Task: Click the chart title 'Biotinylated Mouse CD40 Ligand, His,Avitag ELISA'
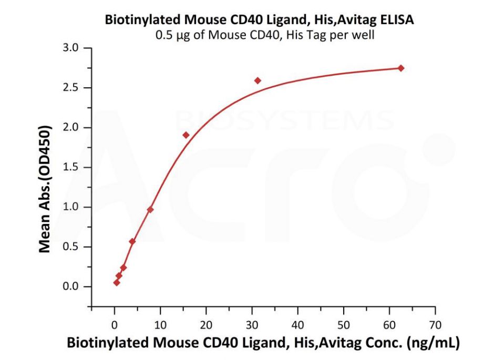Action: pyautogui.click(x=260, y=20)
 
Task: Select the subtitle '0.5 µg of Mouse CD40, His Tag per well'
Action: pyautogui.click(x=260, y=36)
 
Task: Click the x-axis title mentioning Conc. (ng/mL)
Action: pyautogui.click(x=263, y=344)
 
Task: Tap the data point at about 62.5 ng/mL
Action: pyautogui.click(x=401, y=68)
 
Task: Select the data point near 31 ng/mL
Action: pyautogui.click(x=258, y=80)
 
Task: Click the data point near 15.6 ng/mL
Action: pyautogui.click(x=186, y=135)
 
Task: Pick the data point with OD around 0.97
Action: pyautogui.click(x=150, y=210)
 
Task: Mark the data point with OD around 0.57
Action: pyautogui.click(x=132, y=241)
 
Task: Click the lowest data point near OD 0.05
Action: pyautogui.click(x=117, y=283)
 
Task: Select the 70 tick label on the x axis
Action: pyautogui.click(x=435, y=324)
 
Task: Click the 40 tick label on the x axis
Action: pyautogui.click(x=298, y=324)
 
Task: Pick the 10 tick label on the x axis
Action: pyautogui.click(x=160, y=324)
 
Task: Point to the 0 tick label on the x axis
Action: pyautogui.click(x=115, y=324)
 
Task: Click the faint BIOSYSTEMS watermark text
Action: pyautogui.click(x=284, y=120)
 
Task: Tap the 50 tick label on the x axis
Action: pyautogui.click(x=344, y=324)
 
